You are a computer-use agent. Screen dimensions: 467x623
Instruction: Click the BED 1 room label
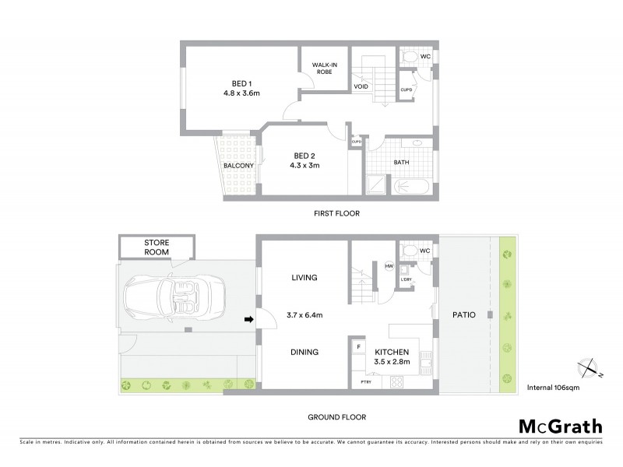click(x=241, y=84)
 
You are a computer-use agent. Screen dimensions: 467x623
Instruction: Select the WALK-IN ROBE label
click(x=323, y=68)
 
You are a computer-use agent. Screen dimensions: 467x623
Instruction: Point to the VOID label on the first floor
click(x=361, y=86)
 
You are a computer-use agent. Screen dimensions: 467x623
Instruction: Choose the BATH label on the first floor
click(x=402, y=162)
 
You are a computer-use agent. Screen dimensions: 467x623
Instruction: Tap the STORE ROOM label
click(x=157, y=248)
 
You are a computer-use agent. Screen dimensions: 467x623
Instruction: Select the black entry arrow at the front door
click(x=249, y=318)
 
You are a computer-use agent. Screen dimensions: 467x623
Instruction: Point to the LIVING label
click(x=304, y=277)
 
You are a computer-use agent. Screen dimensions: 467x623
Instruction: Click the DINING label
click(x=304, y=352)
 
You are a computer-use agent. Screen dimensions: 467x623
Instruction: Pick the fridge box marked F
click(x=359, y=346)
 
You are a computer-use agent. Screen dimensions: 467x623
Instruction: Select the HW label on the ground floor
click(x=389, y=266)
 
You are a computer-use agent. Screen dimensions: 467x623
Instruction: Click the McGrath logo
click(x=560, y=426)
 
